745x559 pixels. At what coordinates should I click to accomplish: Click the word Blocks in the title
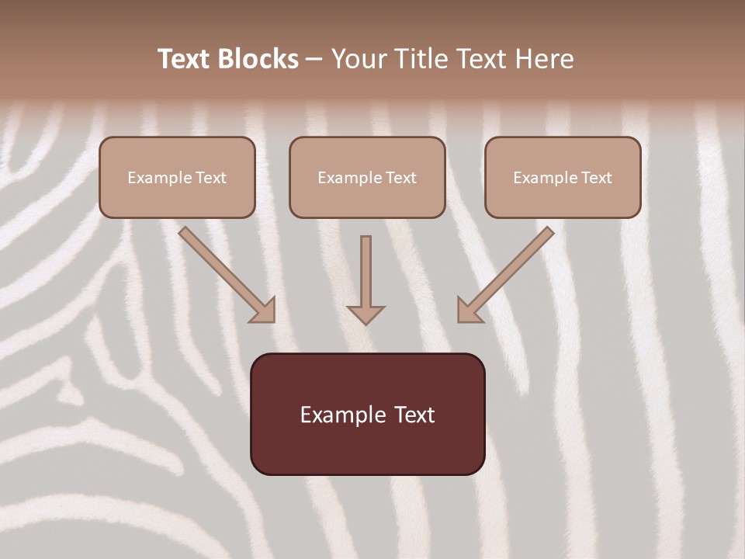(259, 59)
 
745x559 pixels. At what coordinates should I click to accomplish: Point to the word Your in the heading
(359, 59)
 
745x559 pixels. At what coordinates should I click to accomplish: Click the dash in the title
(314, 59)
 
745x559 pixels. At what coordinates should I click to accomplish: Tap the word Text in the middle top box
(400, 178)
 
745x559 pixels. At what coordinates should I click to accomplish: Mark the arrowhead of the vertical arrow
(366, 314)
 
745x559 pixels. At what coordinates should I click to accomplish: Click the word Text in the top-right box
(596, 178)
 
